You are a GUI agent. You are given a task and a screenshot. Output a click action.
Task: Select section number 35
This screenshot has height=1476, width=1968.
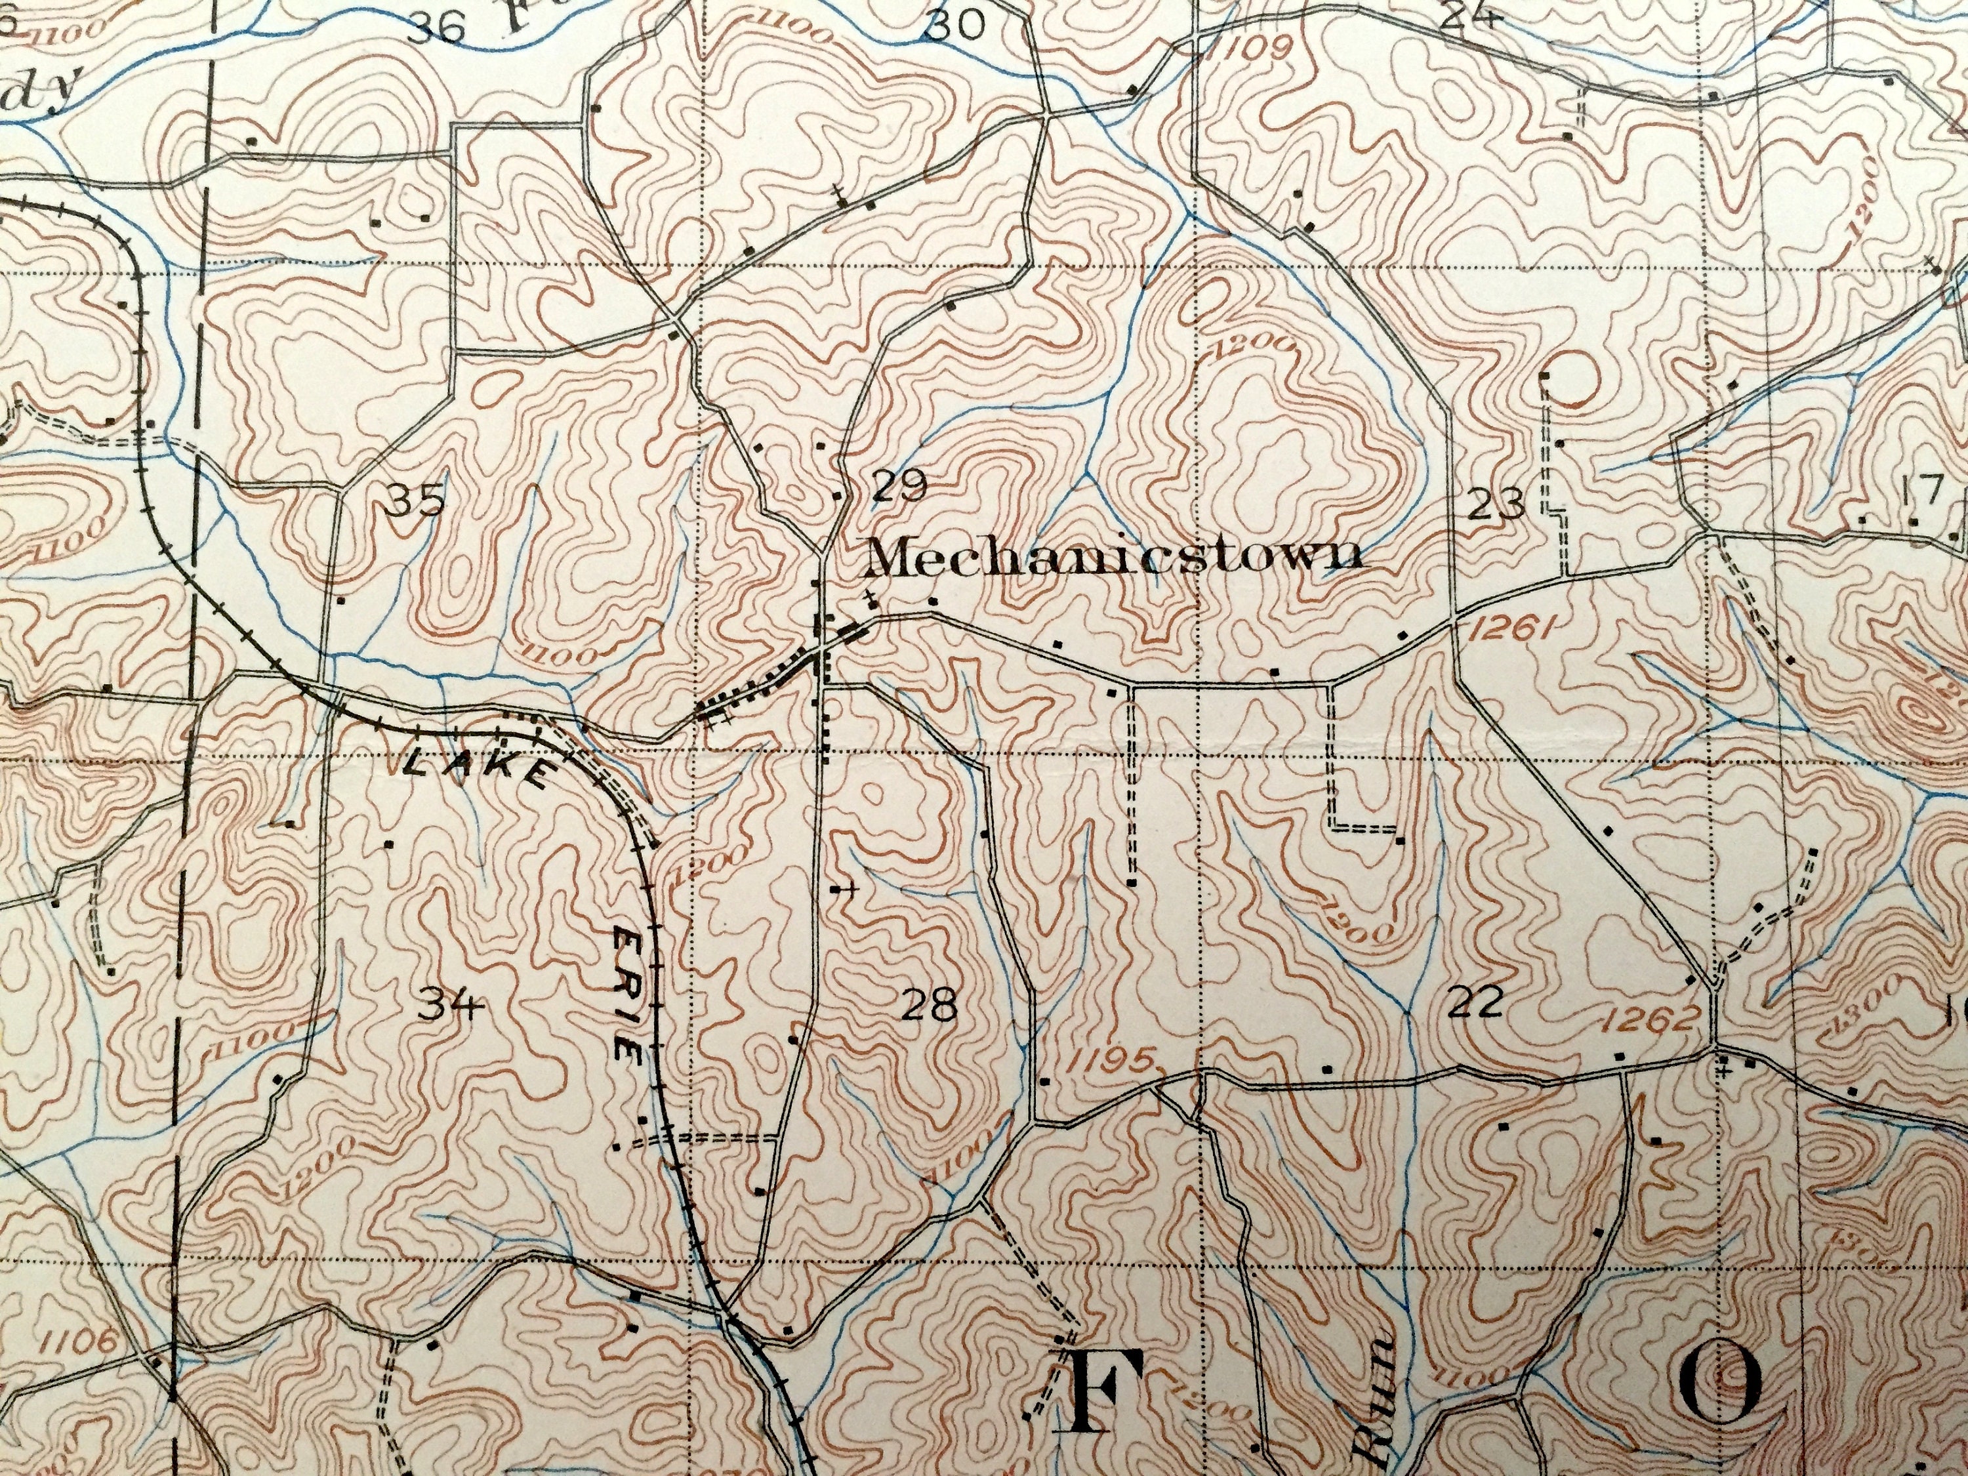[x=417, y=502]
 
